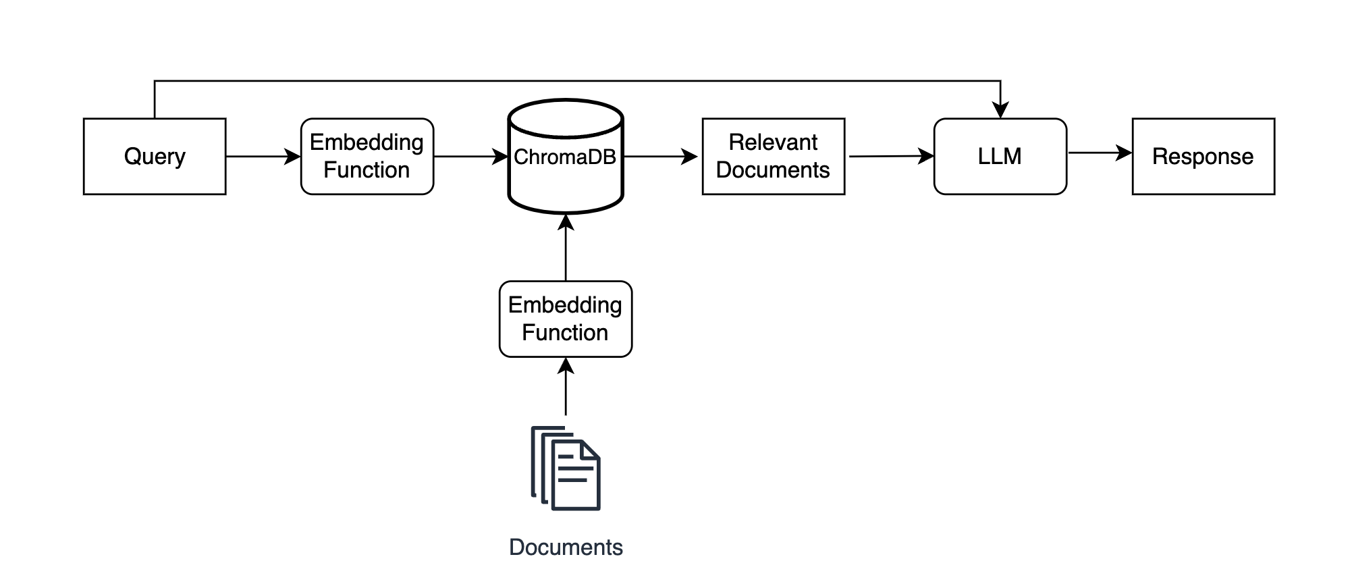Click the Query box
point(154,157)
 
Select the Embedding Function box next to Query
point(367,157)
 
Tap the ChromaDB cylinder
point(565,162)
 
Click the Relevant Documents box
point(773,157)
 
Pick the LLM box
point(1000,157)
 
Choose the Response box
point(1203,157)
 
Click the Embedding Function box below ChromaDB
point(565,319)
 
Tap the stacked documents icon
point(566,469)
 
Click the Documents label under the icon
point(566,547)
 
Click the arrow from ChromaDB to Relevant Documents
point(660,157)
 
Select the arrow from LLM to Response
point(1099,153)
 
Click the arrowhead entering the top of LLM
point(1000,110)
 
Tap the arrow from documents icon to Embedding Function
point(566,388)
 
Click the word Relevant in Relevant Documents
point(773,142)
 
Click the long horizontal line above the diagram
point(574,81)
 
